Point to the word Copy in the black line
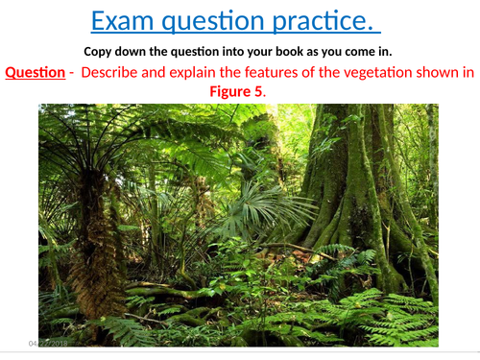(100, 51)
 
